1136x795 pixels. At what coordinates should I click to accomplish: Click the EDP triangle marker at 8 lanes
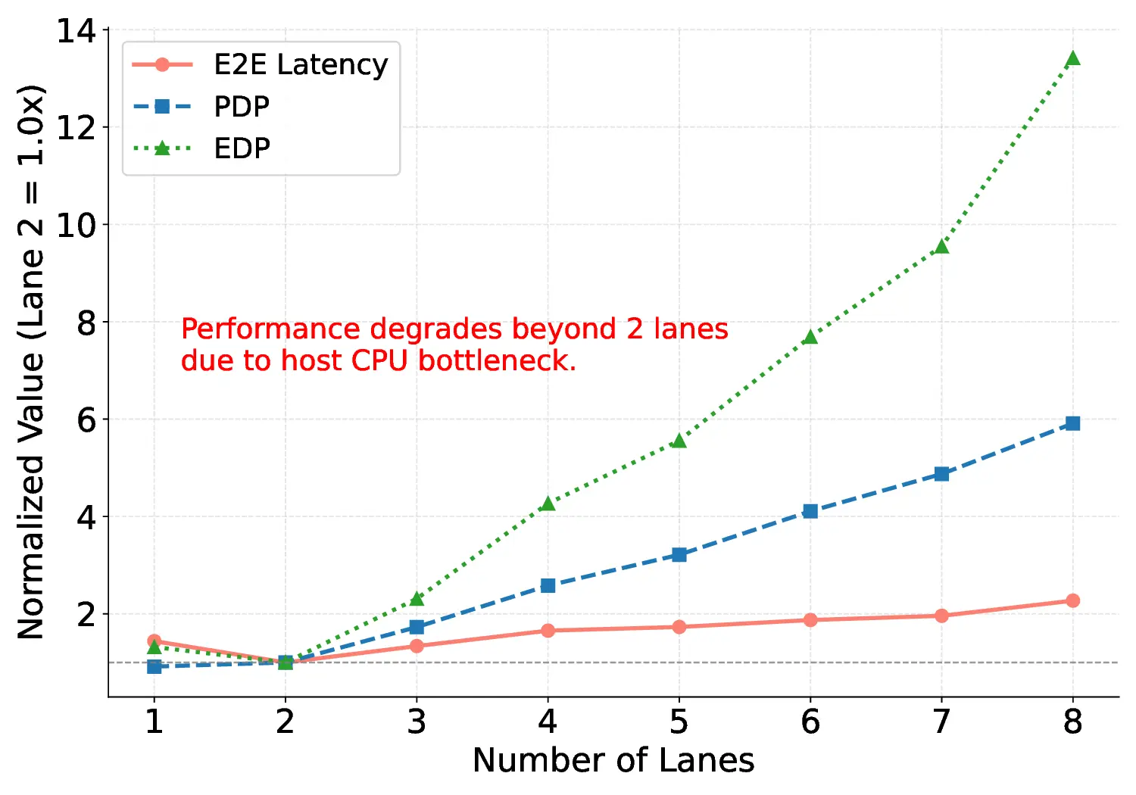pyautogui.click(x=1072, y=59)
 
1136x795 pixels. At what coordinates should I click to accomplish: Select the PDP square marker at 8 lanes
pyautogui.click(x=1072, y=423)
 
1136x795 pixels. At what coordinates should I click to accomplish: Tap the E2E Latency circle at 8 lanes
pyautogui.click(x=1072, y=600)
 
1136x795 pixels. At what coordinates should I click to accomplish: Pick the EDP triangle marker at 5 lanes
pyautogui.click(x=679, y=441)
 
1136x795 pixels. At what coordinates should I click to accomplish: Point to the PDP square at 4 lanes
pyautogui.click(x=548, y=585)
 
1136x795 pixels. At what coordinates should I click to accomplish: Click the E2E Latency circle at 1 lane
pyautogui.click(x=154, y=641)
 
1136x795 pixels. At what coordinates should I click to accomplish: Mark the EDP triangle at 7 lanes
pyautogui.click(x=941, y=247)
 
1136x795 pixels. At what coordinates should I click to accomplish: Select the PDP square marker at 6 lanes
pyautogui.click(x=810, y=511)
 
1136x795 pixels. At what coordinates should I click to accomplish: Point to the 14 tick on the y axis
pyautogui.click(x=76, y=31)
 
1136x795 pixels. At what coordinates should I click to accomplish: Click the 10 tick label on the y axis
pyautogui.click(x=76, y=226)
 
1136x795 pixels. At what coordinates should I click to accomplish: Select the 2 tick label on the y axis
pyautogui.click(x=86, y=615)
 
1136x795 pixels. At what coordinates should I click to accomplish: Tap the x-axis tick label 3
pyautogui.click(x=417, y=722)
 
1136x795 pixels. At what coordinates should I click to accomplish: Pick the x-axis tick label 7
pyautogui.click(x=941, y=722)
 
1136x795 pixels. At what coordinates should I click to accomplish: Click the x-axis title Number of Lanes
pyautogui.click(x=613, y=761)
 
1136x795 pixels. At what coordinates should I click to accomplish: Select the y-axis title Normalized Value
pyautogui.click(x=31, y=363)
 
